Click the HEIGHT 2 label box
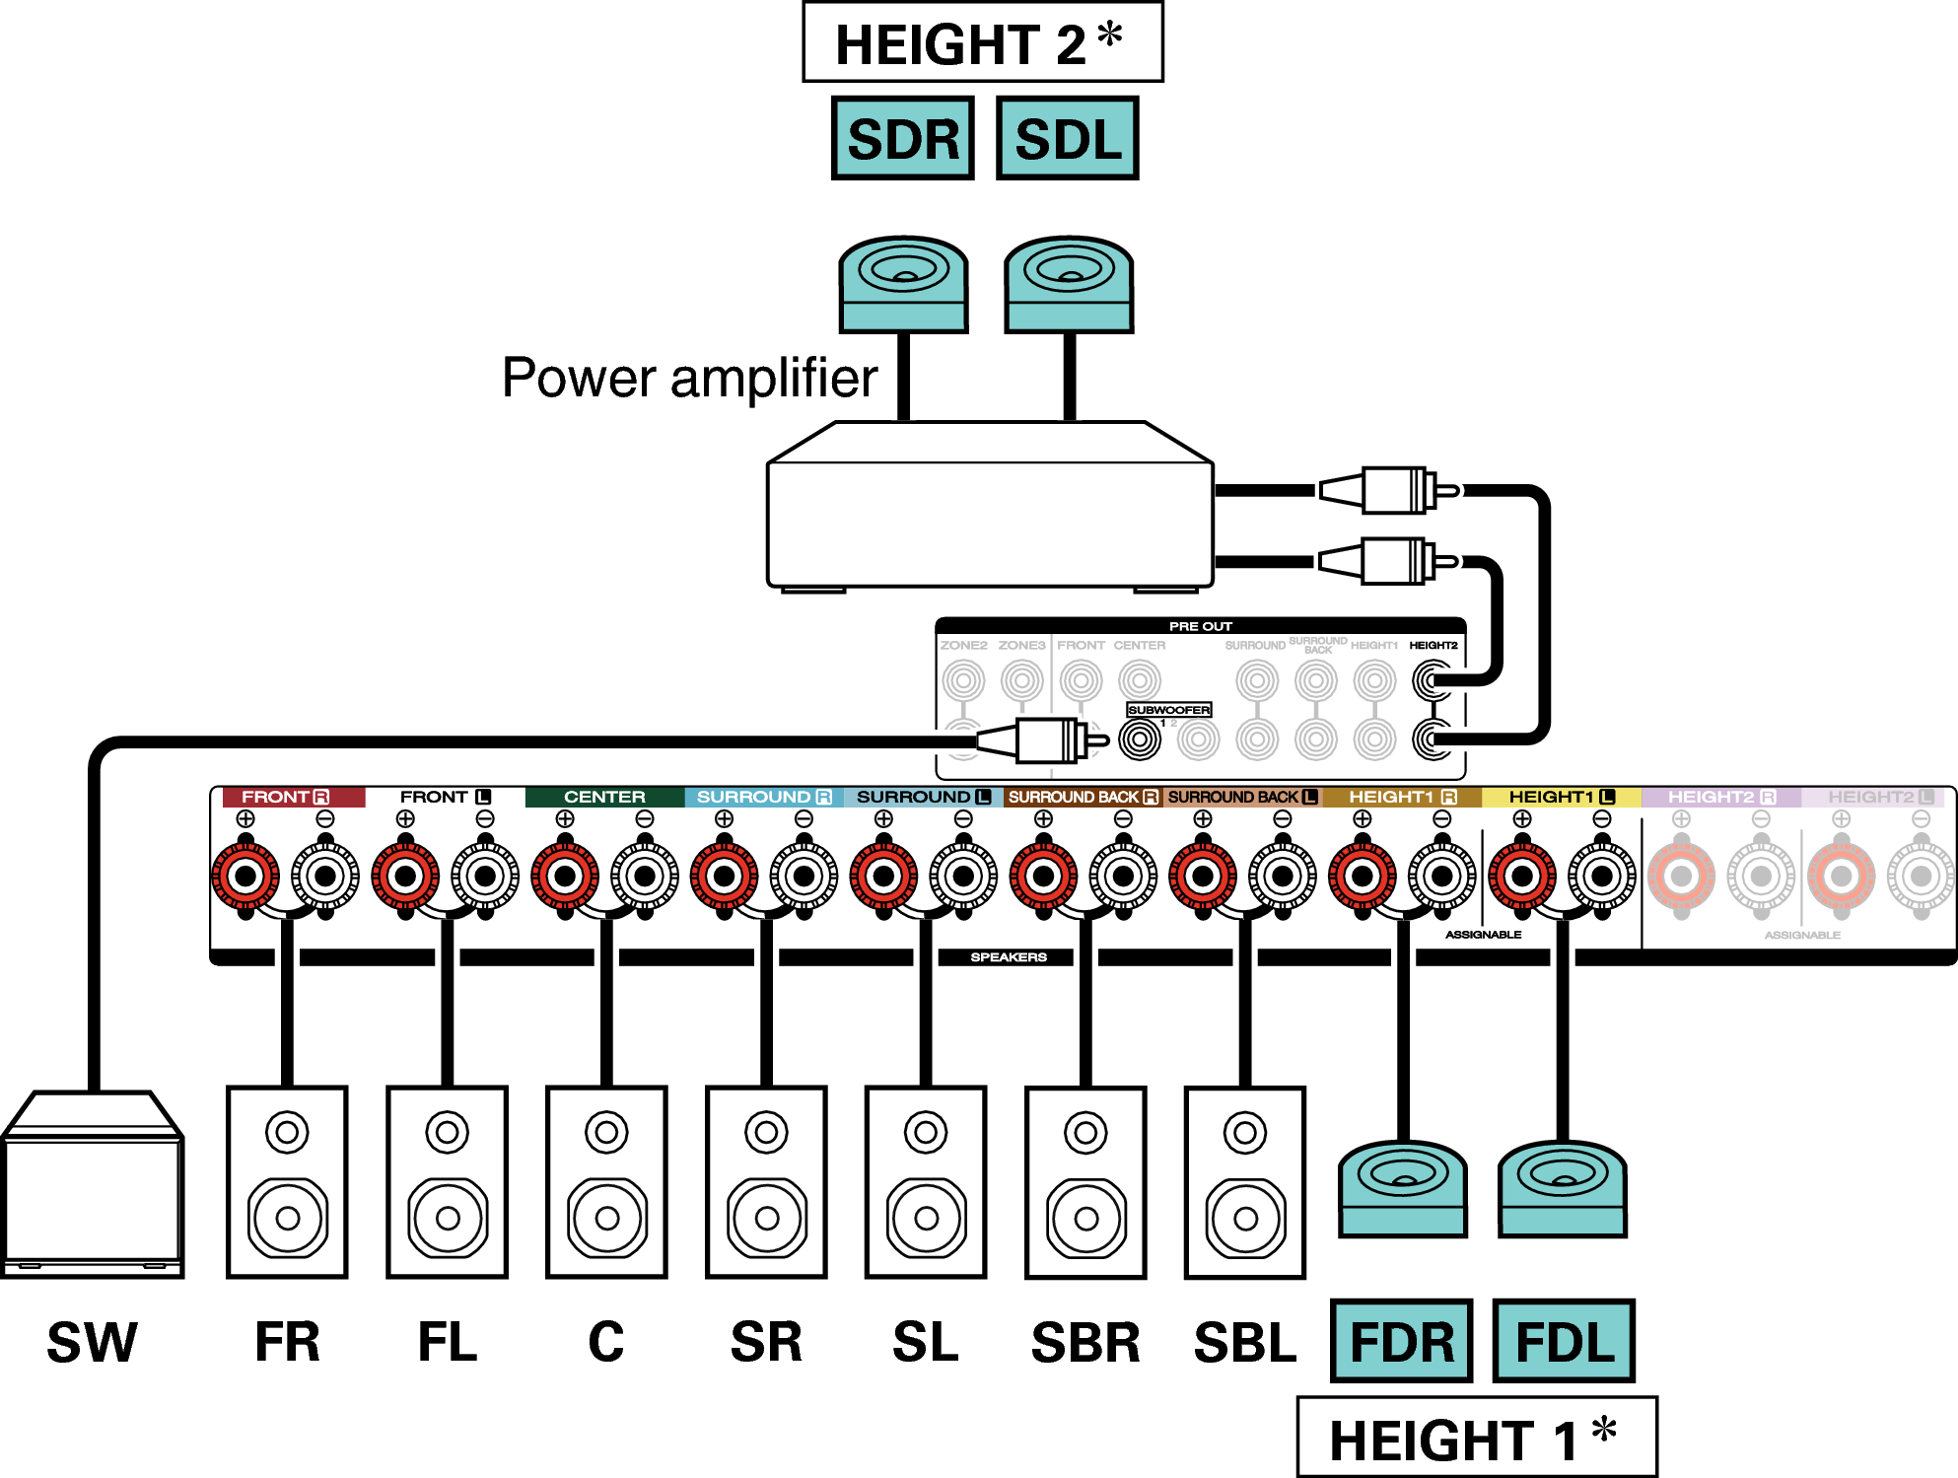982,42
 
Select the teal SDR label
903,138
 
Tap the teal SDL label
1068,138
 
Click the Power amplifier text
689,378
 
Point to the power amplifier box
990,508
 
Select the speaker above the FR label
287,1181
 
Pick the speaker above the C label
606,1181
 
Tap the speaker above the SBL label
1245,1181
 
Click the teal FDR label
1401,1341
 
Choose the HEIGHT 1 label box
1476,1438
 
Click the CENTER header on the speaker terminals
604,797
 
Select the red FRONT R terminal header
285,797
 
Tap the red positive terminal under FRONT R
245,876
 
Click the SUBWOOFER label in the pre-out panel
1168,710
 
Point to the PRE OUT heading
1200,626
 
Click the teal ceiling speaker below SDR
903,284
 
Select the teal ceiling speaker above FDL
1563,1188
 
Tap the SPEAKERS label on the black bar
1008,957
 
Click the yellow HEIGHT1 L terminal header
1562,797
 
